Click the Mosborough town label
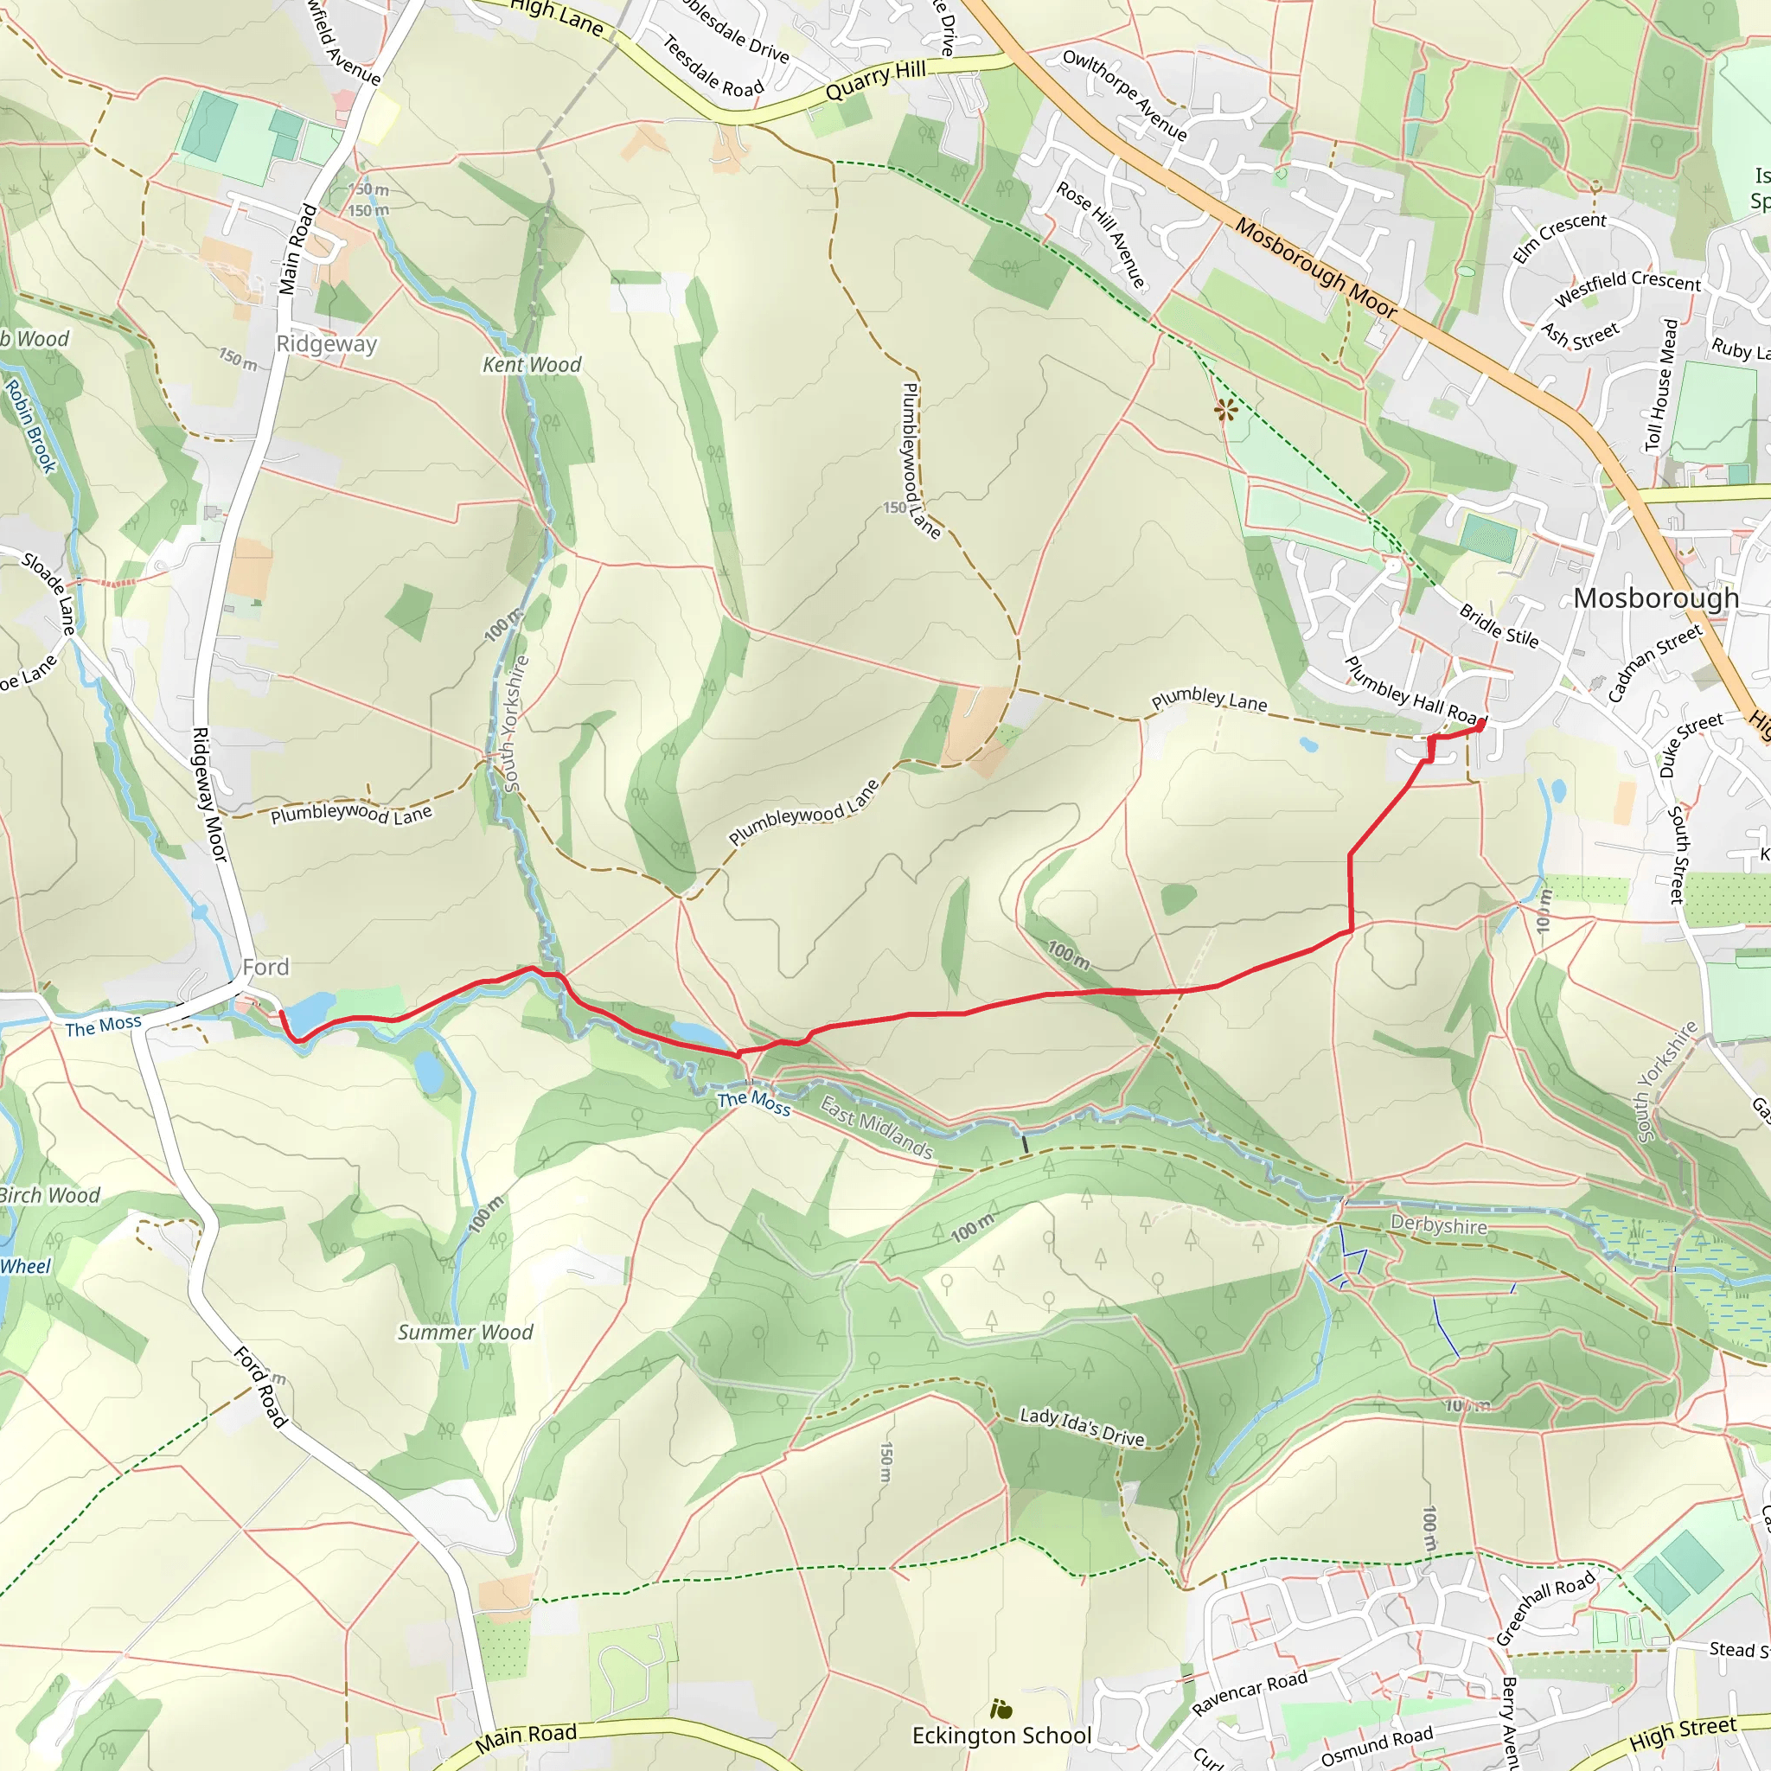coord(1655,598)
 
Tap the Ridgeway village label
coord(326,344)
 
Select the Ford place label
coord(265,967)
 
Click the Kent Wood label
coord(532,365)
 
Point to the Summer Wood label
coord(464,1332)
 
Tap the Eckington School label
coord(1002,1736)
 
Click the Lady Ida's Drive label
coord(1082,1427)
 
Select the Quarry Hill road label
coord(875,80)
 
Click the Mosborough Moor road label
coord(1315,268)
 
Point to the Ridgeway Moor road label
coord(208,794)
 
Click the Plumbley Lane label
coord(1209,700)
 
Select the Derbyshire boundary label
coord(1438,1224)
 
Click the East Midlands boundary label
coord(875,1128)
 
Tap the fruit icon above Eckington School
coord(1001,1709)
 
